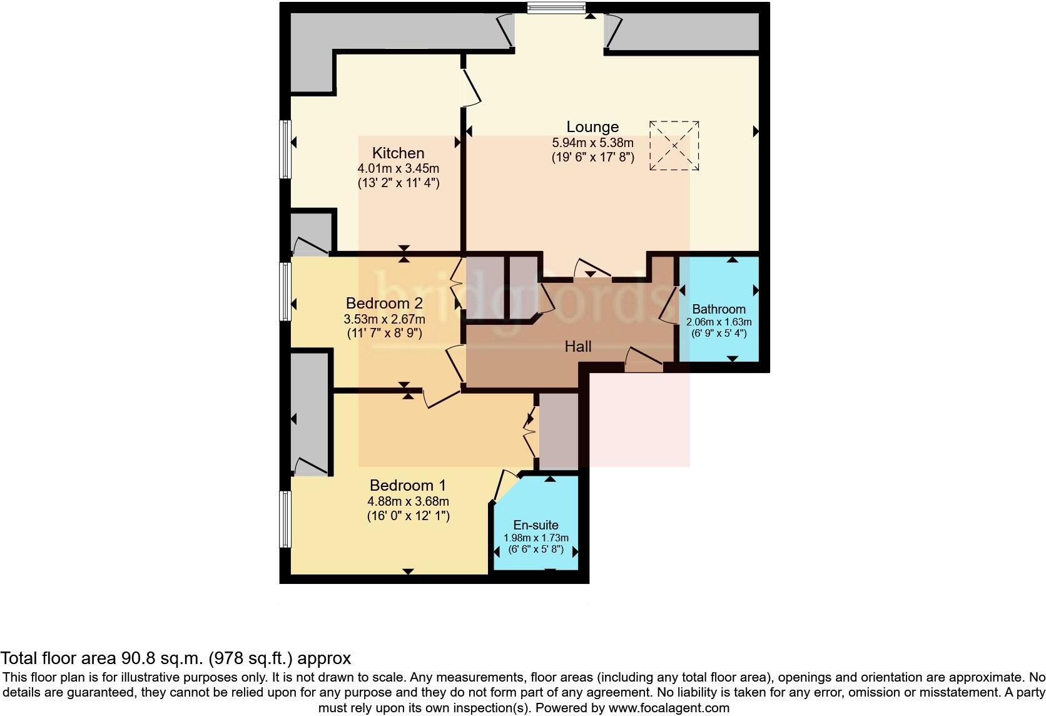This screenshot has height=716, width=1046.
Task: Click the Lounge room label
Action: pos(592,127)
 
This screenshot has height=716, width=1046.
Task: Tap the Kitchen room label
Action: pos(398,153)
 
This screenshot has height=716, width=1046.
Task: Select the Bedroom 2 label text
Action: pos(384,304)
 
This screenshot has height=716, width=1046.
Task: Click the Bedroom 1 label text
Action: pos(407,485)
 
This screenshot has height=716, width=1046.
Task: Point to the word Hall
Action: pos(577,346)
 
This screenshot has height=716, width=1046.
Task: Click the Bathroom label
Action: pos(719,309)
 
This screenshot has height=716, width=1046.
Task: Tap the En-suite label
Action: pos(536,525)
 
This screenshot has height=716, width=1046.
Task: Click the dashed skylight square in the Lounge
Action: pos(674,146)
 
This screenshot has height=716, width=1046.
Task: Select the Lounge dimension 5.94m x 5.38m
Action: pos(592,143)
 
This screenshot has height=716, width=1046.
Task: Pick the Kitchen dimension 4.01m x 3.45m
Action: pos(398,168)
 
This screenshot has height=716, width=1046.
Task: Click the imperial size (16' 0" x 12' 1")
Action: pos(408,516)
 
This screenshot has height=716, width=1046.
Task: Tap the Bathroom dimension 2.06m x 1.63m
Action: pos(719,322)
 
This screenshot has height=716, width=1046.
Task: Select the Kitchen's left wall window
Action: pos(285,149)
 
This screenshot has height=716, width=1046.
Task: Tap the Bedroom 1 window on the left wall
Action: pos(285,519)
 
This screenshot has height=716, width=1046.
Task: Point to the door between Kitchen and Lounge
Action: pos(471,88)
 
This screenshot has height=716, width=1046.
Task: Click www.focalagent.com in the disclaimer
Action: pos(669,708)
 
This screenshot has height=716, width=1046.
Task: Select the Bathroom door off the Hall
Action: pos(668,305)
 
